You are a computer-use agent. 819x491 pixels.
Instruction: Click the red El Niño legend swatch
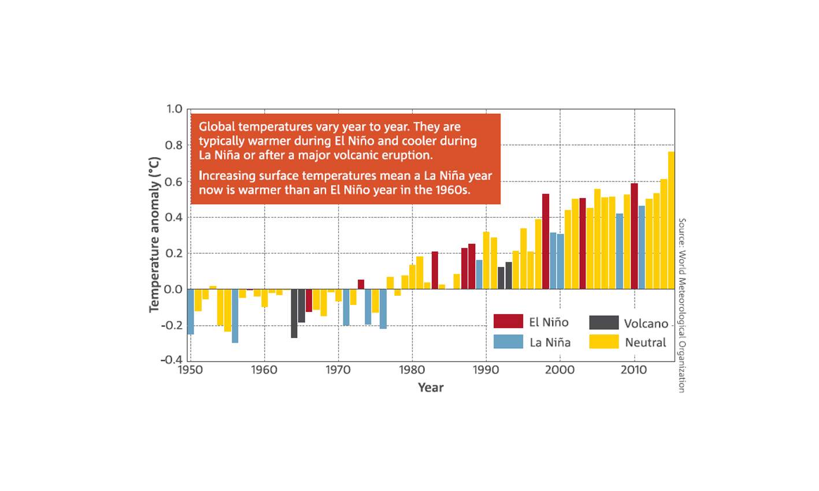pos(508,322)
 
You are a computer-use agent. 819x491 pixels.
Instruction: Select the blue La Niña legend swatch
pos(508,341)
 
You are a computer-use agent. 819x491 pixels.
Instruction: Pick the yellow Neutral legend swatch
pos(603,341)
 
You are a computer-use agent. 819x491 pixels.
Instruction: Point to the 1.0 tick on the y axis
pos(174,109)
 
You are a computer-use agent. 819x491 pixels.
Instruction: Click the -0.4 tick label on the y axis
pos(172,360)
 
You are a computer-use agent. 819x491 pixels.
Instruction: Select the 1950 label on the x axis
pos(190,370)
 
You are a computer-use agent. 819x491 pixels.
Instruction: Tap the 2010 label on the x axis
pos(635,370)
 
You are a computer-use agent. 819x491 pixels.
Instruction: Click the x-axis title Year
pos(431,388)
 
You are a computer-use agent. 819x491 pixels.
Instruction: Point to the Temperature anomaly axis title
pos(154,234)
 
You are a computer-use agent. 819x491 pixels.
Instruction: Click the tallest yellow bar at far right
pos(671,220)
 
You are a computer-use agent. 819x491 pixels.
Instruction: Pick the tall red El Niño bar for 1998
pos(546,241)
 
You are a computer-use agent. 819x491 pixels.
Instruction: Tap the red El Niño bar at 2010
pos(634,236)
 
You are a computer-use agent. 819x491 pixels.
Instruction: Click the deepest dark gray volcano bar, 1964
pos(294,313)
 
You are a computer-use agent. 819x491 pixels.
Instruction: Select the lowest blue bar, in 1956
pos(235,316)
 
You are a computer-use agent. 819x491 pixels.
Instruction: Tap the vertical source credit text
pos(681,305)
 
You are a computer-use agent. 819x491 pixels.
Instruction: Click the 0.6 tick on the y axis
pos(174,182)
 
